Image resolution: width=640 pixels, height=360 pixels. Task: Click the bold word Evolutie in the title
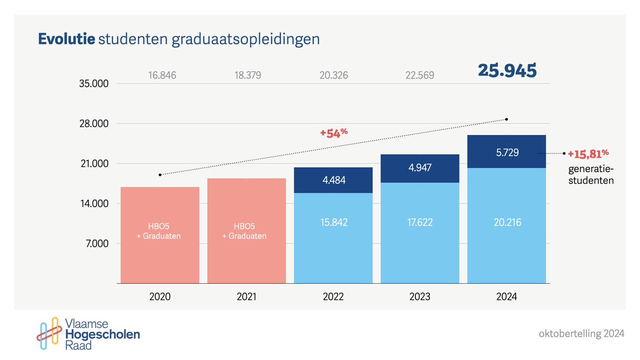pyautogui.click(x=67, y=40)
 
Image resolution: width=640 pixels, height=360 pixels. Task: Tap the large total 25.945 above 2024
pyautogui.click(x=507, y=71)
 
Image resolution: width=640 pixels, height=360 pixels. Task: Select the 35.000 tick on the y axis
pyautogui.click(x=94, y=84)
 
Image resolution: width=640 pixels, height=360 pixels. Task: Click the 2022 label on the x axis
pyautogui.click(x=333, y=297)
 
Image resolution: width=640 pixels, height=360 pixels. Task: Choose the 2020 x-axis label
pyautogui.click(x=160, y=297)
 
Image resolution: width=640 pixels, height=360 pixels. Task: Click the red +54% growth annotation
pyautogui.click(x=334, y=133)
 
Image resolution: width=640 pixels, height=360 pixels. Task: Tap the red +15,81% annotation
pyautogui.click(x=588, y=154)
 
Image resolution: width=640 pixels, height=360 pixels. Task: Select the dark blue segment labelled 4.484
pyautogui.click(x=333, y=180)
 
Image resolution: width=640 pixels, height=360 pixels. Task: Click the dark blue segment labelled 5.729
pyautogui.click(x=507, y=152)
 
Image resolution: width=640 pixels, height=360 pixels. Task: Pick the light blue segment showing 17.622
pyautogui.click(x=420, y=222)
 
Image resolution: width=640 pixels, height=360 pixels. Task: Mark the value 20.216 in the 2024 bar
pyautogui.click(x=507, y=222)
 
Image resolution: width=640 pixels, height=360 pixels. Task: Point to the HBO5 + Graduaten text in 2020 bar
pyautogui.click(x=160, y=231)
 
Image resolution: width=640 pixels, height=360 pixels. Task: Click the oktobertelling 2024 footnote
pyautogui.click(x=581, y=334)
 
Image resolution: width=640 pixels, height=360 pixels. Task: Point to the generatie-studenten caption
pyautogui.click(x=590, y=175)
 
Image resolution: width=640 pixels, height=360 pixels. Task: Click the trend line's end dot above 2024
pyautogui.click(x=507, y=119)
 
